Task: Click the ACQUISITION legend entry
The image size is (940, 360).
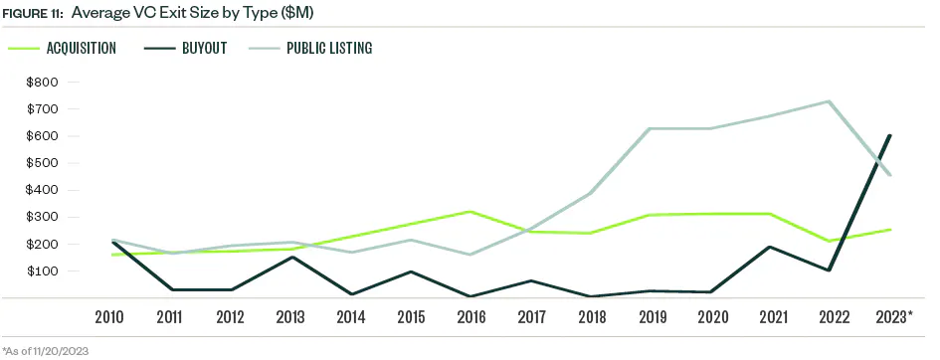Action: pos(81,48)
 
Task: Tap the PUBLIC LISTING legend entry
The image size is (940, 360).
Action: pos(329,48)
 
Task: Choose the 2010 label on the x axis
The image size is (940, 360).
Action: pos(109,316)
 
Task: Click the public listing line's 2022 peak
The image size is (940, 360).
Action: pos(830,100)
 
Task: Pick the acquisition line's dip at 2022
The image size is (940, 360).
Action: pos(830,241)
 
